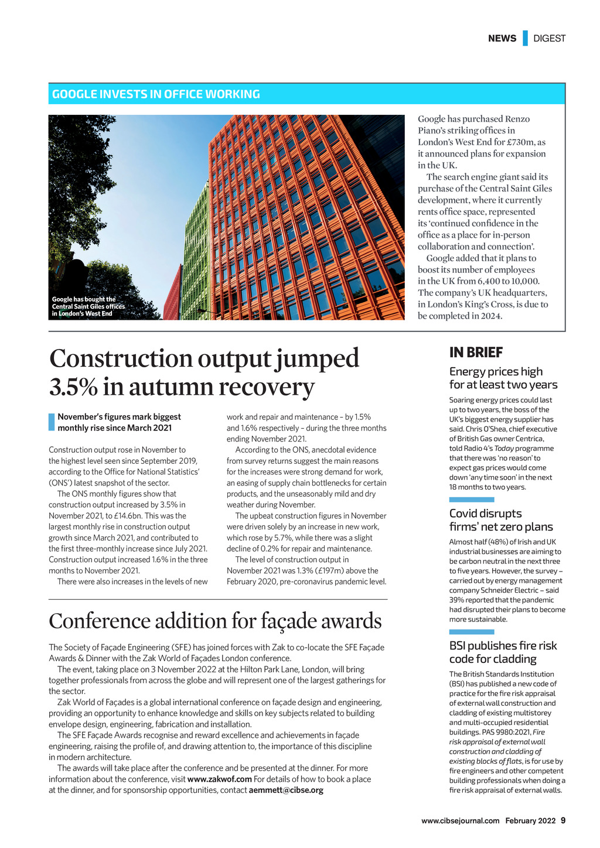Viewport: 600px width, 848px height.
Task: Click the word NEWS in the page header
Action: click(x=502, y=38)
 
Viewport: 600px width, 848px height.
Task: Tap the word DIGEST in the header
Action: click(x=550, y=38)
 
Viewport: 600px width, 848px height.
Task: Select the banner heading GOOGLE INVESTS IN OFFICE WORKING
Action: click(x=156, y=94)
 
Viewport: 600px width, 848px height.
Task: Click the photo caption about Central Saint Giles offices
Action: click(x=88, y=306)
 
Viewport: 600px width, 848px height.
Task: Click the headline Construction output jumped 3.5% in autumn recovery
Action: click(x=204, y=372)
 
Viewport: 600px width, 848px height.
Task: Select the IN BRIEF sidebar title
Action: click(x=476, y=353)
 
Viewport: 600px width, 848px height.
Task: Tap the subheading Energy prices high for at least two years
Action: click(x=503, y=378)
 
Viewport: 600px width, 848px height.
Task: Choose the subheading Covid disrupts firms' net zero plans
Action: click(x=500, y=520)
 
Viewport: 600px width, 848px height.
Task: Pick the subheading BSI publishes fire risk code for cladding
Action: click(x=503, y=652)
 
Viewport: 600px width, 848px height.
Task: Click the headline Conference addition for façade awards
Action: click(x=215, y=621)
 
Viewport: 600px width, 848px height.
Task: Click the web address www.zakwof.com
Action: click(x=219, y=779)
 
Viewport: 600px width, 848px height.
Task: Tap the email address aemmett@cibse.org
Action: click(x=286, y=790)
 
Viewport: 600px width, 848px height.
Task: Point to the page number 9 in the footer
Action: click(x=563, y=820)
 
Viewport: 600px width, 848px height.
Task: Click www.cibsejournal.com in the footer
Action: click(x=460, y=820)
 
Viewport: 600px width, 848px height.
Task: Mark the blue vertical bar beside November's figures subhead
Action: click(x=51, y=422)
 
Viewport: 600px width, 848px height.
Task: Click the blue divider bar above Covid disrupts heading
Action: click(x=471, y=500)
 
